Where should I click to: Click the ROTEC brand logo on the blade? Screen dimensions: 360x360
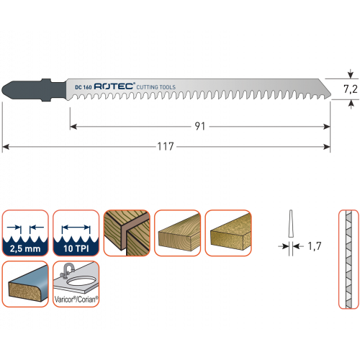[114, 86]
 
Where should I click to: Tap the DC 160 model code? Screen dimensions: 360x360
[84, 87]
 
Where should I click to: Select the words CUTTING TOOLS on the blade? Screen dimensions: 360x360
[156, 87]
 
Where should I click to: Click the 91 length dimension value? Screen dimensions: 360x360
[200, 127]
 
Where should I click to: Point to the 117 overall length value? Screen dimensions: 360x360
[166, 146]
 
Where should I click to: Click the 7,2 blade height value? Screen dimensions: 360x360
[351, 89]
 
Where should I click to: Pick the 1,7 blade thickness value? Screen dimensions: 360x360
[315, 246]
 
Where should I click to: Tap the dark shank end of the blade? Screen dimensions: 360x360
[34, 90]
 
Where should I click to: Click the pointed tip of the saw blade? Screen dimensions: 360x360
[330, 95]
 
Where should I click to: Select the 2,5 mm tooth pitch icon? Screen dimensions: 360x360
[25, 233]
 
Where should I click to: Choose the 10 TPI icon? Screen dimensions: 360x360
[76, 233]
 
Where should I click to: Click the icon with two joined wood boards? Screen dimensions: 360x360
[127, 233]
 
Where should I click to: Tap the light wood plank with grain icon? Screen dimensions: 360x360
[177, 233]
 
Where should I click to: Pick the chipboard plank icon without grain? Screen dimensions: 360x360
[228, 233]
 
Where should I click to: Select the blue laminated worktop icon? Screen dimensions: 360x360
[25, 284]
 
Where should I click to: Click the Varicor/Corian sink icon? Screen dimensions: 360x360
[76, 284]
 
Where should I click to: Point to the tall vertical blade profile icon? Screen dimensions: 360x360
[348, 259]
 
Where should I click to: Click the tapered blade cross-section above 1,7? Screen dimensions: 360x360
[291, 224]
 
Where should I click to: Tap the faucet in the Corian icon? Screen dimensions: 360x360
[67, 271]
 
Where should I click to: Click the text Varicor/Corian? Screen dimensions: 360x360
[76, 300]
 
